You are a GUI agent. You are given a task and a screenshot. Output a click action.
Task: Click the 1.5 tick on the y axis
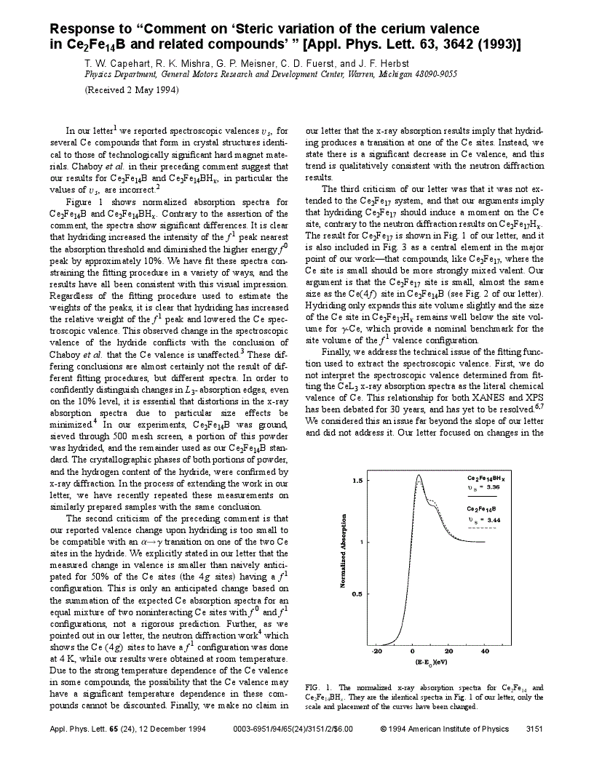(357, 481)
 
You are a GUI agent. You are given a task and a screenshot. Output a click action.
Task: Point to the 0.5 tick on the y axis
(357, 594)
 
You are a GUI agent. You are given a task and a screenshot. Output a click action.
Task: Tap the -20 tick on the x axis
(376, 652)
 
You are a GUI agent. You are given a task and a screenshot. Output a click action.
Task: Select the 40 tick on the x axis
(485, 652)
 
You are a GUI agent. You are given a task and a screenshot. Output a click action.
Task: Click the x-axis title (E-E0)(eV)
(431, 663)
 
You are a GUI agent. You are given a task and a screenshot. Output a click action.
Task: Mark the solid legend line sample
(482, 496)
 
